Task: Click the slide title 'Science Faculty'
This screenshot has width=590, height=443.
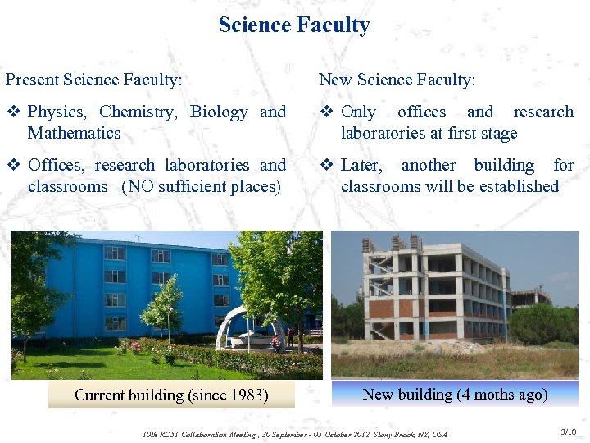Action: pyautogui.click(x=294, y=25)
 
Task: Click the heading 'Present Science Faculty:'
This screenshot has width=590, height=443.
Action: pyautogui.click(x=94, y=80)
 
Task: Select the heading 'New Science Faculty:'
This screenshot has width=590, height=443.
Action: pyautogui.click(x=397, y=80)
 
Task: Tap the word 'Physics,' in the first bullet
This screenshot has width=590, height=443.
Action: pyautogui.click(x=57, y=112)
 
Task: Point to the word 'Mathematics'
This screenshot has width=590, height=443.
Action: pyautogui.click(x=74, y=133)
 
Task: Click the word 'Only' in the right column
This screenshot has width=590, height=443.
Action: pyautogui.click(x=358, y=112)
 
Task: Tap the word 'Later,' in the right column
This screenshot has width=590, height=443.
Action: pyautogui.click(x=361, y=166)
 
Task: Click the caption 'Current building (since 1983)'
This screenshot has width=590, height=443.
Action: pyautogui.click(x=171, y=395)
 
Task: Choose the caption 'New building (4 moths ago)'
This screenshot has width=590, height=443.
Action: pyautogui.click(x=455, y=394)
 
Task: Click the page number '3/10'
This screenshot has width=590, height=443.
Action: pyautogui.click(x=568, y=432)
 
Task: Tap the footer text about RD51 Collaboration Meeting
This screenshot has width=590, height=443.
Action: pyautogui.click(x=295, y=433)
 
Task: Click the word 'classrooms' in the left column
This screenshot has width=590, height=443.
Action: pyautogui.click(x=67, y=186)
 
